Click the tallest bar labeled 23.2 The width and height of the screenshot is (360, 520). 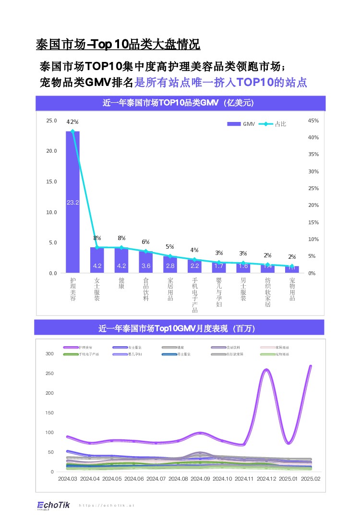(x=73, y=202)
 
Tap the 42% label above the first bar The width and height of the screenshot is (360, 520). (x=72, y=121)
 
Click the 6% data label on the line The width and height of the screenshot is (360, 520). (x=145, y=242)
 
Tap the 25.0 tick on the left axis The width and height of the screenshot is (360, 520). (x=51, y=121)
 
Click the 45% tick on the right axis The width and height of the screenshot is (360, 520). (x=313, y=121)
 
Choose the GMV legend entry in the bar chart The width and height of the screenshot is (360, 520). (x=240, y=124)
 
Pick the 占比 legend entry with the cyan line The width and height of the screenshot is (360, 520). (x=273, y=124)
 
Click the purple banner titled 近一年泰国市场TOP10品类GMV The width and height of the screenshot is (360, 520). (x=180, y=103)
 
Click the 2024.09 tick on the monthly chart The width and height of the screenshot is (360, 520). (x=200, y=479)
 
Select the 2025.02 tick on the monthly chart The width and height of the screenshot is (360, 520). (x=311, y=479)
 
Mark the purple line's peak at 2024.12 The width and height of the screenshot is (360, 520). (x=266, y=370)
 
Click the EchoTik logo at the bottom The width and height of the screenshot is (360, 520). (x=54, y=505)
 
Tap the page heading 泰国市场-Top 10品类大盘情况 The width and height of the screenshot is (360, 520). (x=118, y=45)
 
